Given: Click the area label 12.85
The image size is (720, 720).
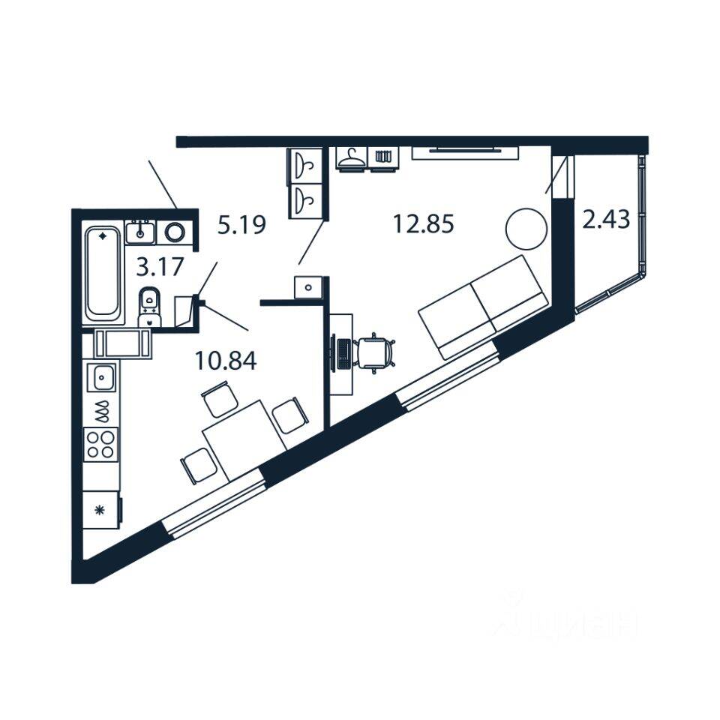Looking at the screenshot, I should pyautogui.click(x=424, y=223).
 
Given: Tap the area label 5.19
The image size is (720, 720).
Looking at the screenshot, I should pyautogui.click(x=241, y=224).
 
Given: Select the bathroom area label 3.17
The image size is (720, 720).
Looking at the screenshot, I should pyautogui.click(x=160, y=266).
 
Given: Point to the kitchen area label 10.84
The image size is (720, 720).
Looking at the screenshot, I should pyautogui.click(x=225, y=361).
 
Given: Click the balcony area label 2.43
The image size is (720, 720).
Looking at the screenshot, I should pyautogui.click(x=605, y=220).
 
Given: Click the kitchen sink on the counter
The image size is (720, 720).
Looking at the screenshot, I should pyautogui.click(x=101, y=377).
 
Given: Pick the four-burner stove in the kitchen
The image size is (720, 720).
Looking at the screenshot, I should pyautogui.click(x=101, y=443).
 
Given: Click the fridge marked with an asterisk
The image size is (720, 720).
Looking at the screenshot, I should pyautogui.click(x=100, y=510).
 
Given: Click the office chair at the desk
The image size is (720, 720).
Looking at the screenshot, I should pyautogui.click(x=375, y=352).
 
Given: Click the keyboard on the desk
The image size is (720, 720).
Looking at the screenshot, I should pyautogui.click(x=342, y=353).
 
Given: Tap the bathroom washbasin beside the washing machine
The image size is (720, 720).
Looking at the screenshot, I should pyautogui.click(x=140, y=232).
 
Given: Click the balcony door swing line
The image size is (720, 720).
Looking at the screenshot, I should pyautogui.click(x=556, y=175).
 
